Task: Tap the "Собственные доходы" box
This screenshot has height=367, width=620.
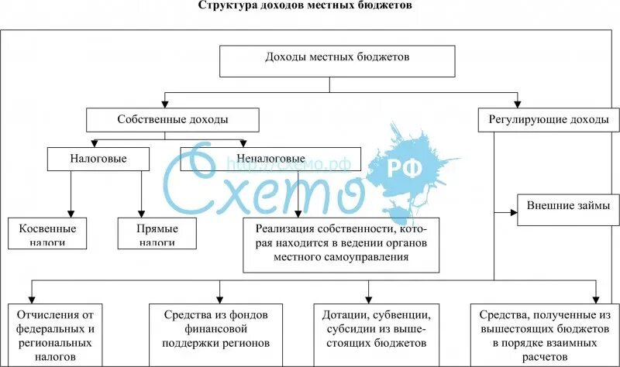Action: click(172, 120)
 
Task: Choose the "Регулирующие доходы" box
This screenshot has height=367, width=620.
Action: click(548, 120)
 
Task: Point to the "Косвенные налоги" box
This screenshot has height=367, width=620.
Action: click(47, 233)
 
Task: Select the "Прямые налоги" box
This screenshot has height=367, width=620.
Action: click(157, 233)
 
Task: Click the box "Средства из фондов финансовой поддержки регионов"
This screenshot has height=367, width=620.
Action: click(216, 328)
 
